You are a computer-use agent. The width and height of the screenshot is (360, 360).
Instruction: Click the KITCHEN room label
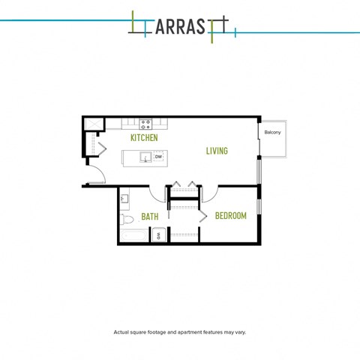point(144,138)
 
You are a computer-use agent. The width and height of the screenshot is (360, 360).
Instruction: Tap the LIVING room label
point(217,151)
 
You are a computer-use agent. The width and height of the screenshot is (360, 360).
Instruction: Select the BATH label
point(150,217)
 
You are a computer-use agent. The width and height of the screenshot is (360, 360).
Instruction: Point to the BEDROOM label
point(231,216)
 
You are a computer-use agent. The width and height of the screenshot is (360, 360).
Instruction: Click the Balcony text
point(272,132)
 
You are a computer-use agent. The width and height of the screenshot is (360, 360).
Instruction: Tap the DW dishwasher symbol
point(158,157)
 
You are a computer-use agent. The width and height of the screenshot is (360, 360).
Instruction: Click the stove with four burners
point(145,124)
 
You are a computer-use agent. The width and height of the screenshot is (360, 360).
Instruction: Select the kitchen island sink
point(145,157)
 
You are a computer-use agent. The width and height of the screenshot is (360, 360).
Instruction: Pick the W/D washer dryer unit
point(159,235)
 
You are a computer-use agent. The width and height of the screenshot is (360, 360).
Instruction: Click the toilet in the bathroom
point(127,220)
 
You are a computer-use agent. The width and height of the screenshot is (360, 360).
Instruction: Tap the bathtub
point(134,236)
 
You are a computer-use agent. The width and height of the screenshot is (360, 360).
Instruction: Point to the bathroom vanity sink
point(124,199)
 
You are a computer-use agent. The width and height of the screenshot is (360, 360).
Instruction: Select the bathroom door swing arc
point(154,197)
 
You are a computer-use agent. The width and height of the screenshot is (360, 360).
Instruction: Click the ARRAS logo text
point(181,27)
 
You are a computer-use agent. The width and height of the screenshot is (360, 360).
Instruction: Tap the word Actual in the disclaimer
point(121,332)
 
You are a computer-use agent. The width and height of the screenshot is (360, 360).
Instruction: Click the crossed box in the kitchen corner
point(94,124)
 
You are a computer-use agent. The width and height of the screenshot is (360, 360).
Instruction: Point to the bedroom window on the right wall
point(259,206)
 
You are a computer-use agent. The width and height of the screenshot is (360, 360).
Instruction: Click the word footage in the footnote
point(157,332)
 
